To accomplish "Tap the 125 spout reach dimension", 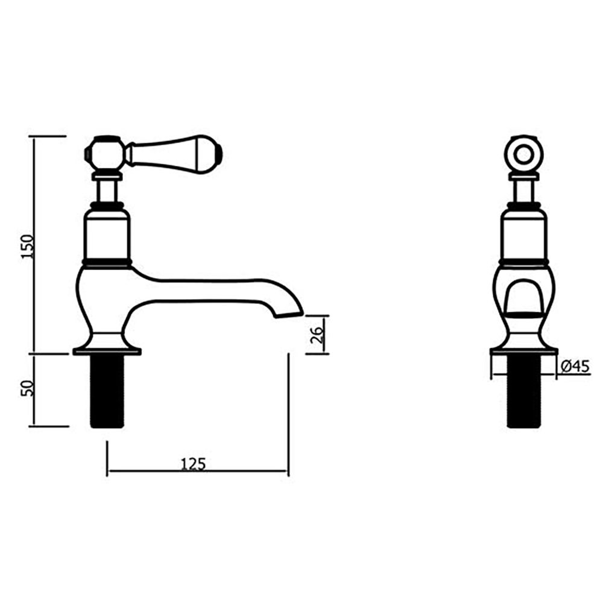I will pyautogui.click(x=194, y=463).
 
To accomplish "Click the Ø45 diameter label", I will pyautogui.click(x=574, y=366).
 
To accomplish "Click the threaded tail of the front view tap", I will pyautogui.click(x=524, y=392).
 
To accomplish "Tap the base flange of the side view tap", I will pyautogui.click(x=107, y=350).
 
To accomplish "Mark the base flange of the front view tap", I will pyautogui.click(x=524, y=350).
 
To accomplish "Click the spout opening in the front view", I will pyautogui.click(x=524, y=301).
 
